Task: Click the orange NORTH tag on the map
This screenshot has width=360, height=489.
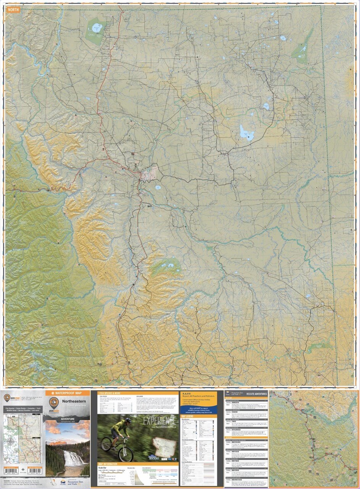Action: [x=13, y=10]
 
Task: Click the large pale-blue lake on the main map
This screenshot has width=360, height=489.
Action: [x=247, y=133]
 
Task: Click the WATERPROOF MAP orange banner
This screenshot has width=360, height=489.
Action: [x=67, y=393]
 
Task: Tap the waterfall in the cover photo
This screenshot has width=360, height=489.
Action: [x=71, y=458]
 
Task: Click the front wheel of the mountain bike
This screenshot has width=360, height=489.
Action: [x=126, y=453]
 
